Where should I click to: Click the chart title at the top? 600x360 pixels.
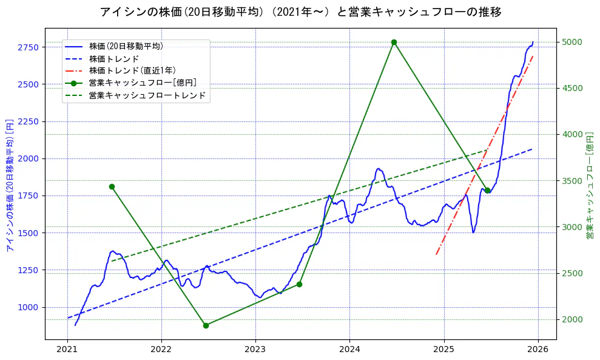point(300,12)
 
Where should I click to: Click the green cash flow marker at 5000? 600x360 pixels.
point(394,42)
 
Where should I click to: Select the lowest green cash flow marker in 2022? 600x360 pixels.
point(206,325)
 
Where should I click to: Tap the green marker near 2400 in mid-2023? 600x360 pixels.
point(299,284)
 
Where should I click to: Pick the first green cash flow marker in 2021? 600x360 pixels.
point(112,186)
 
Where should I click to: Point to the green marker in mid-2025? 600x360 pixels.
point(487,190)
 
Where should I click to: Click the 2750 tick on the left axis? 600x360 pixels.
point(29,47)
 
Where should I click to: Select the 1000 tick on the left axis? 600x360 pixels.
point(29,307)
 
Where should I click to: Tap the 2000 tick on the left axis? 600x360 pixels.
point(29,158)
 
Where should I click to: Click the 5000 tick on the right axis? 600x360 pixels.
point(573,42)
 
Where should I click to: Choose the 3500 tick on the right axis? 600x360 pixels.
point(573,181)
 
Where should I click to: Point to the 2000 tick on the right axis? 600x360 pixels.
point(573,319)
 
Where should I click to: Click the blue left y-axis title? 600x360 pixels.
point(10,185)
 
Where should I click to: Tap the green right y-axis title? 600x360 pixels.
point(590,185)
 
